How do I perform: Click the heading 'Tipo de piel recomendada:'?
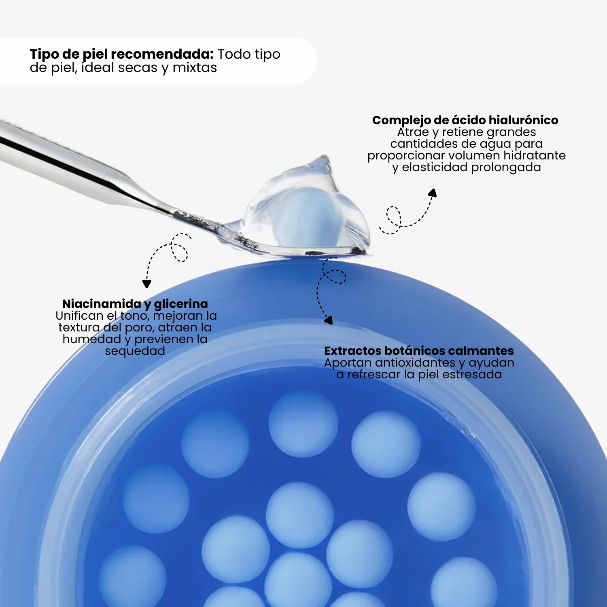122,54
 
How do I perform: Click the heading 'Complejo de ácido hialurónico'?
465,120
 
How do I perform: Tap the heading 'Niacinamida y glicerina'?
135,304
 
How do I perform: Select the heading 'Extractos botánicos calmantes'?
419,351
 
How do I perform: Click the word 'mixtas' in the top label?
195,68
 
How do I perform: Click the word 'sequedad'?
135,351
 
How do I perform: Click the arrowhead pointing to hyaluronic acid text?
433,193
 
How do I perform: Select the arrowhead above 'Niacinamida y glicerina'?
147,284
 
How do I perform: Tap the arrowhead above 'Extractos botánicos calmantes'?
329,320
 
